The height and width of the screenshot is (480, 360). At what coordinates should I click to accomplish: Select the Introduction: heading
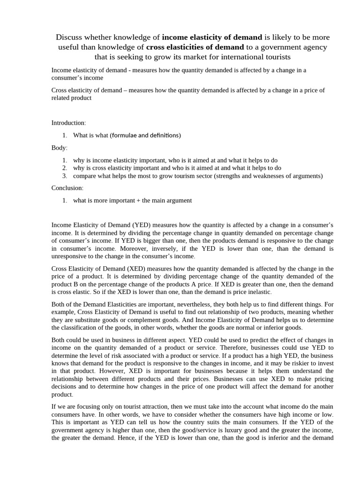pyautogui.click(x=68, y=123)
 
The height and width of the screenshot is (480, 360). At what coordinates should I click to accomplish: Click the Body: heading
pyautogui.click(x=60, y=148)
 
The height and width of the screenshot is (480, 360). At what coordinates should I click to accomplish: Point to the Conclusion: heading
pyautogui.click(x=67, y=188)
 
